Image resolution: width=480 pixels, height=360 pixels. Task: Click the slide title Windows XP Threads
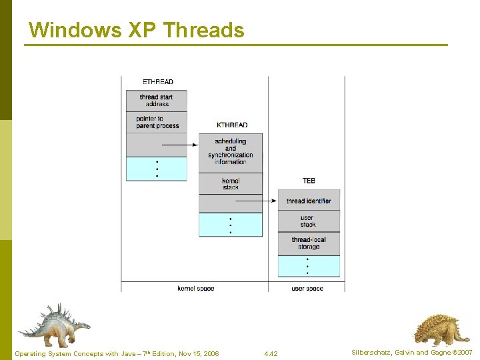click(137, 30)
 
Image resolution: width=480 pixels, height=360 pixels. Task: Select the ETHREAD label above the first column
click(158, 82)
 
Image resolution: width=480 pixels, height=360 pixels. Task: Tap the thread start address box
click(157, 101)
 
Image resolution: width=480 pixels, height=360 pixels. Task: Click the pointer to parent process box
click(157, 122)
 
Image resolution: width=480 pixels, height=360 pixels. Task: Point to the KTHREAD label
click(232, 125)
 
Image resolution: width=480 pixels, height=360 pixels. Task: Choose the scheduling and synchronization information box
click(231, 151)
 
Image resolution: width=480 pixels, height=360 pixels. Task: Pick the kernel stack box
click(231, 183)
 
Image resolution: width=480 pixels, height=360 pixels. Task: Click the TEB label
click(309, 181)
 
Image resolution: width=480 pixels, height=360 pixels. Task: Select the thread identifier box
click(309, 201)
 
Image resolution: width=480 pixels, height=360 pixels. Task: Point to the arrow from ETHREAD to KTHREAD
click(180, 145)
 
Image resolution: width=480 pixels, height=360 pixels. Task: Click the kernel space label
click(195, 289)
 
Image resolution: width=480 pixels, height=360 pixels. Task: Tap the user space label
click(307, 289)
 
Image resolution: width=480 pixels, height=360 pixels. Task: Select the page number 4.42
click(271, 353)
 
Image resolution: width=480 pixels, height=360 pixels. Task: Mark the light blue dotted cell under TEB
click(309, 266)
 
